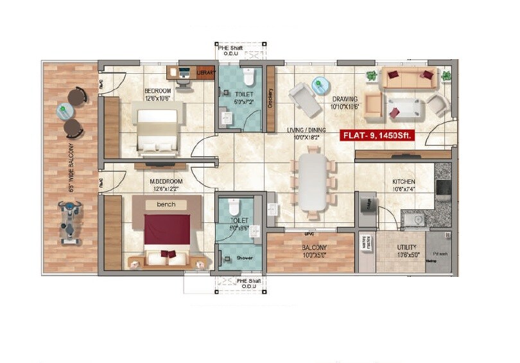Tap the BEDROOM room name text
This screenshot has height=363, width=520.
pos(157,91)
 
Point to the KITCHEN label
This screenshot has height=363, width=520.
pos(404,182)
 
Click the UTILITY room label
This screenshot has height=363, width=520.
pos(406,247)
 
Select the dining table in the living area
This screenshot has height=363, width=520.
pos(313,182)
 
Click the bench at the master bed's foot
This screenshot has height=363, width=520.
pos(166,204)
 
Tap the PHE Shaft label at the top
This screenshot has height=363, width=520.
pos(230,48)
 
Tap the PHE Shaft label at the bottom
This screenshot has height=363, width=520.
pos(230,281)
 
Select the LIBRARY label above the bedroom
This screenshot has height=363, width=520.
pos(206,73)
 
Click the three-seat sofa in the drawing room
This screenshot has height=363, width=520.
pos(408,78)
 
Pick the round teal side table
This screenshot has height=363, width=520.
pos(319,85)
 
